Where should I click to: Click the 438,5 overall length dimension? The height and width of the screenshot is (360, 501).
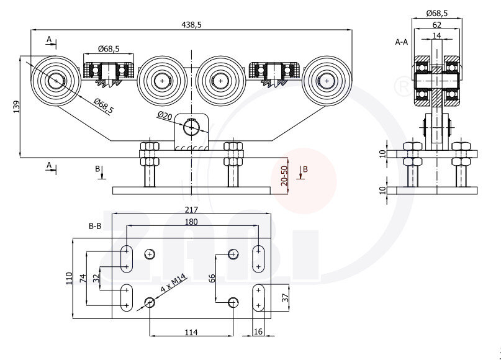pyautogui.click(x=192, y=24)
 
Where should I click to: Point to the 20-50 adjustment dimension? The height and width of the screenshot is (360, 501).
pyautogui.click(x=284, y=176)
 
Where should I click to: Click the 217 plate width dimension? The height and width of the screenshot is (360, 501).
pyautogui.click(x=191, y=210)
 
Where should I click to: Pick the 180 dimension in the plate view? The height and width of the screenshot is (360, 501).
pyautogui.click(x=191, y=222)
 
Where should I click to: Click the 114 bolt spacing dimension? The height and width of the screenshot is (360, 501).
pyautogui.click(x=191, y=333)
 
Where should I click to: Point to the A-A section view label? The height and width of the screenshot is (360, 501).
pyautogui.click(x=402, y=42)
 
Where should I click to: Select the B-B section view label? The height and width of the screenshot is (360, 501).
pyautogui.click(x=95, y=227)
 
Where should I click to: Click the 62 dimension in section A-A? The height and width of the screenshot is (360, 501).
pyautogui.click(x=437, y=25)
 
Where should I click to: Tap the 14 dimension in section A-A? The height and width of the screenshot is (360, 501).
pyautogui.click(x=437, y=36)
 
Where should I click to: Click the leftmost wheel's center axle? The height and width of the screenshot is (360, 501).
pyautogui.click(x=56, y=80)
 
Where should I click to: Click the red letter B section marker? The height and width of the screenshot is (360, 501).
pyautogui.click(x=305, y=168)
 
